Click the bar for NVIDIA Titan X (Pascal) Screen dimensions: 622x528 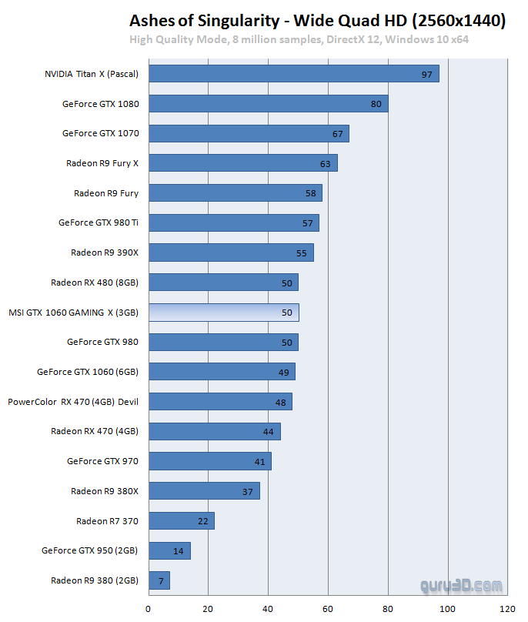pyautogui.click(x=293, y=74)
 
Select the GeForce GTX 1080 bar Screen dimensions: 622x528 pyautogui.click(x=268, y=103)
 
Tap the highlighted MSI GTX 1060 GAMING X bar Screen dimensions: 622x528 pyautogui.click(x=223, y=313)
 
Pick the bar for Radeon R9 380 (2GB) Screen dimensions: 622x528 pyautogui.click(x=159, y=580)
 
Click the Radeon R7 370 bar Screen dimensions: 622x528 pyautogui.click(x=181, y=521)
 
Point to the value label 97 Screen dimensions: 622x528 pyautogui.click(x=426, y=74)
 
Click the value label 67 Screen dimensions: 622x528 pyautogui.click(x=337, y=134)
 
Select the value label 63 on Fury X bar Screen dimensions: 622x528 pyautogui.click(x=325, y=163)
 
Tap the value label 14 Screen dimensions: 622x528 pyautogui.click(x=179, y=551)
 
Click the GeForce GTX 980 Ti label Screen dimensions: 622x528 pyautogui.click(x=99, y=222)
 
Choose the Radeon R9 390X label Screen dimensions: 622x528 pyautogui.click(x=105, y=252)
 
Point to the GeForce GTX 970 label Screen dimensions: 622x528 pyautogui.click(x=103, y=461)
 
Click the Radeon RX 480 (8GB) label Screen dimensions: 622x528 pyautogui.click(x=95, y=283)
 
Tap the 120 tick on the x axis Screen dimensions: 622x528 pyautogui.click(x=508, y=609)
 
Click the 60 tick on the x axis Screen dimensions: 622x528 pyautogui.click(x=328, y=609)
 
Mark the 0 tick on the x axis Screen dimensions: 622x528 pyautogui.click(x=149, y=609)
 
